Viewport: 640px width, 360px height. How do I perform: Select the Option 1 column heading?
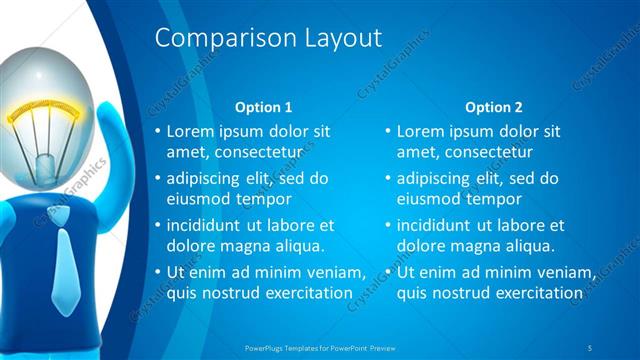click(x=263, y=106)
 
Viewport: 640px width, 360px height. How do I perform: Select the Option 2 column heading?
click(x=494, y=106)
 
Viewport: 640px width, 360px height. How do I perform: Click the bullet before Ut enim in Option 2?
click(x=388, y=272)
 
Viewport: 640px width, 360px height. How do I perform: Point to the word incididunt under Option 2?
click(x=437, y=225)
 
